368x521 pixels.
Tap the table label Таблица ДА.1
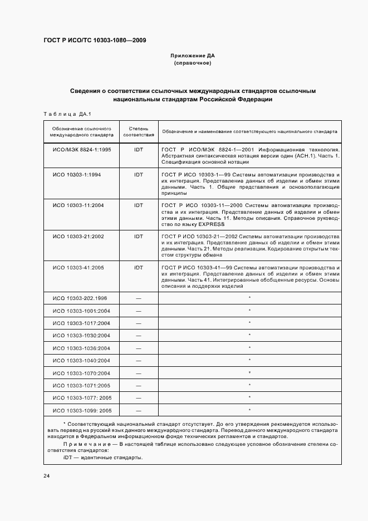66,114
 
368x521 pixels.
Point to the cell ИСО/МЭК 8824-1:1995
82,150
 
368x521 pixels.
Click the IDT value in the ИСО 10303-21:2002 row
138,236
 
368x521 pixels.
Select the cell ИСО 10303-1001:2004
82,311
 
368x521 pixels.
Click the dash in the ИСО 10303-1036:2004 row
138,348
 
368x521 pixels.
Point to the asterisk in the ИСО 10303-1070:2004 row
249,372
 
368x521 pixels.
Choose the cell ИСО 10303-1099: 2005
82,411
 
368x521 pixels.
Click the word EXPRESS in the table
210,224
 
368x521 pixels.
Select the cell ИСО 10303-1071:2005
82,385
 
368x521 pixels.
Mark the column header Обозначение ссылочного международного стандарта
82,131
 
